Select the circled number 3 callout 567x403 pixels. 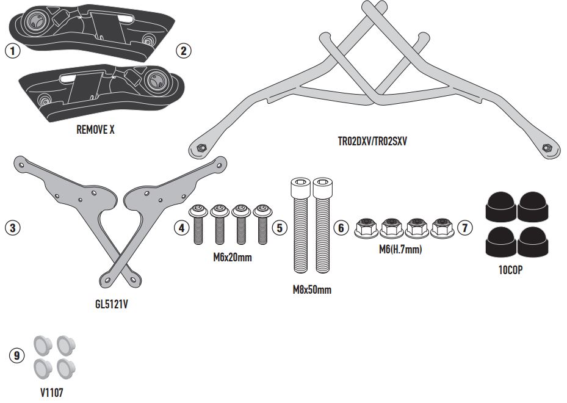pos(13,228)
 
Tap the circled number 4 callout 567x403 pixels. pos(181,228)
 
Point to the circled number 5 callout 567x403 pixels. pos(279,228)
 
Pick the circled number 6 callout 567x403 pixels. pos(341,228)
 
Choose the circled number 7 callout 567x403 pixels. pos(465,228)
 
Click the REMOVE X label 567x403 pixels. pos(95,129)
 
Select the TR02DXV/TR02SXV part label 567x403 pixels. pos(372,140)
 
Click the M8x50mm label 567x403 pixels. pos(311,289)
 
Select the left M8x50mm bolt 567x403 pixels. pos(300,229)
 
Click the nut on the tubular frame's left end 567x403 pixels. pos(200,147)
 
